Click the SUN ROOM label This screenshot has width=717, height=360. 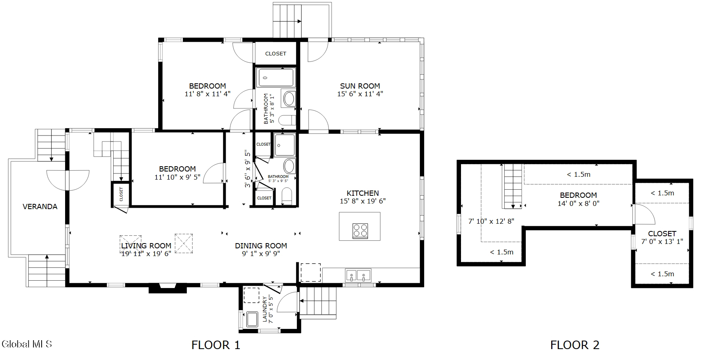pyautogui.click(x=360, y=86)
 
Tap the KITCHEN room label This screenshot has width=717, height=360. pyautogui.click(x=363, y=193)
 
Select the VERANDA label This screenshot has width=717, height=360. pyautogui.click(x=40, y=206)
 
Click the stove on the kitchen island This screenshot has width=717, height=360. pyautogui.click(x=360, y=231)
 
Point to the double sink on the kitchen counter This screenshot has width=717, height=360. pyautogui.click(x=358, y=275)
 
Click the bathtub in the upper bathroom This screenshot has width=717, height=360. pyautogui.click(x=276, y=77)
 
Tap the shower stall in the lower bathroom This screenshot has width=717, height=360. pyautogui.click(x=285, y=145)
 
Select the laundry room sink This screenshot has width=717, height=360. pyautogui.click(x=252, y=319)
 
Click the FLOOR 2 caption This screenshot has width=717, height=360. pyautogui.click(x=575, y=345)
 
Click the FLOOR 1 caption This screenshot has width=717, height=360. pyautogui.click(x=216, y=345)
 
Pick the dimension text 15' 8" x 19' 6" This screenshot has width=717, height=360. pyautogui.click(x=363, y=201)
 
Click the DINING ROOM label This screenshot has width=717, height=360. pyautogui.click(x=261, y=246)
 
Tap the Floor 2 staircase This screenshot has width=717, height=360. pyautogui.click(x=513, y=186)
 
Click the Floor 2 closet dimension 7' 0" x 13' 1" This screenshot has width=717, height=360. pyautogui.click(x=662, y=241)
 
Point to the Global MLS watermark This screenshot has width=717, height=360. pyautogui.click(x=27, y=344)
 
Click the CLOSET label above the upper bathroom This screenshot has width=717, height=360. pyautogui.click(x=275, y=53)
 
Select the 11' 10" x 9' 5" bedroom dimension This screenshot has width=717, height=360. pyautogui.click(x=177, y=177)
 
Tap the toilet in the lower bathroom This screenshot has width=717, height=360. pyautogui.click(x=286, y=196)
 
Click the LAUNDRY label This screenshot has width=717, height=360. pyautogui.click(x=265, y=309)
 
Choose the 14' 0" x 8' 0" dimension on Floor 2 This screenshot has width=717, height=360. pyautogui.click(x=578, y=203)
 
